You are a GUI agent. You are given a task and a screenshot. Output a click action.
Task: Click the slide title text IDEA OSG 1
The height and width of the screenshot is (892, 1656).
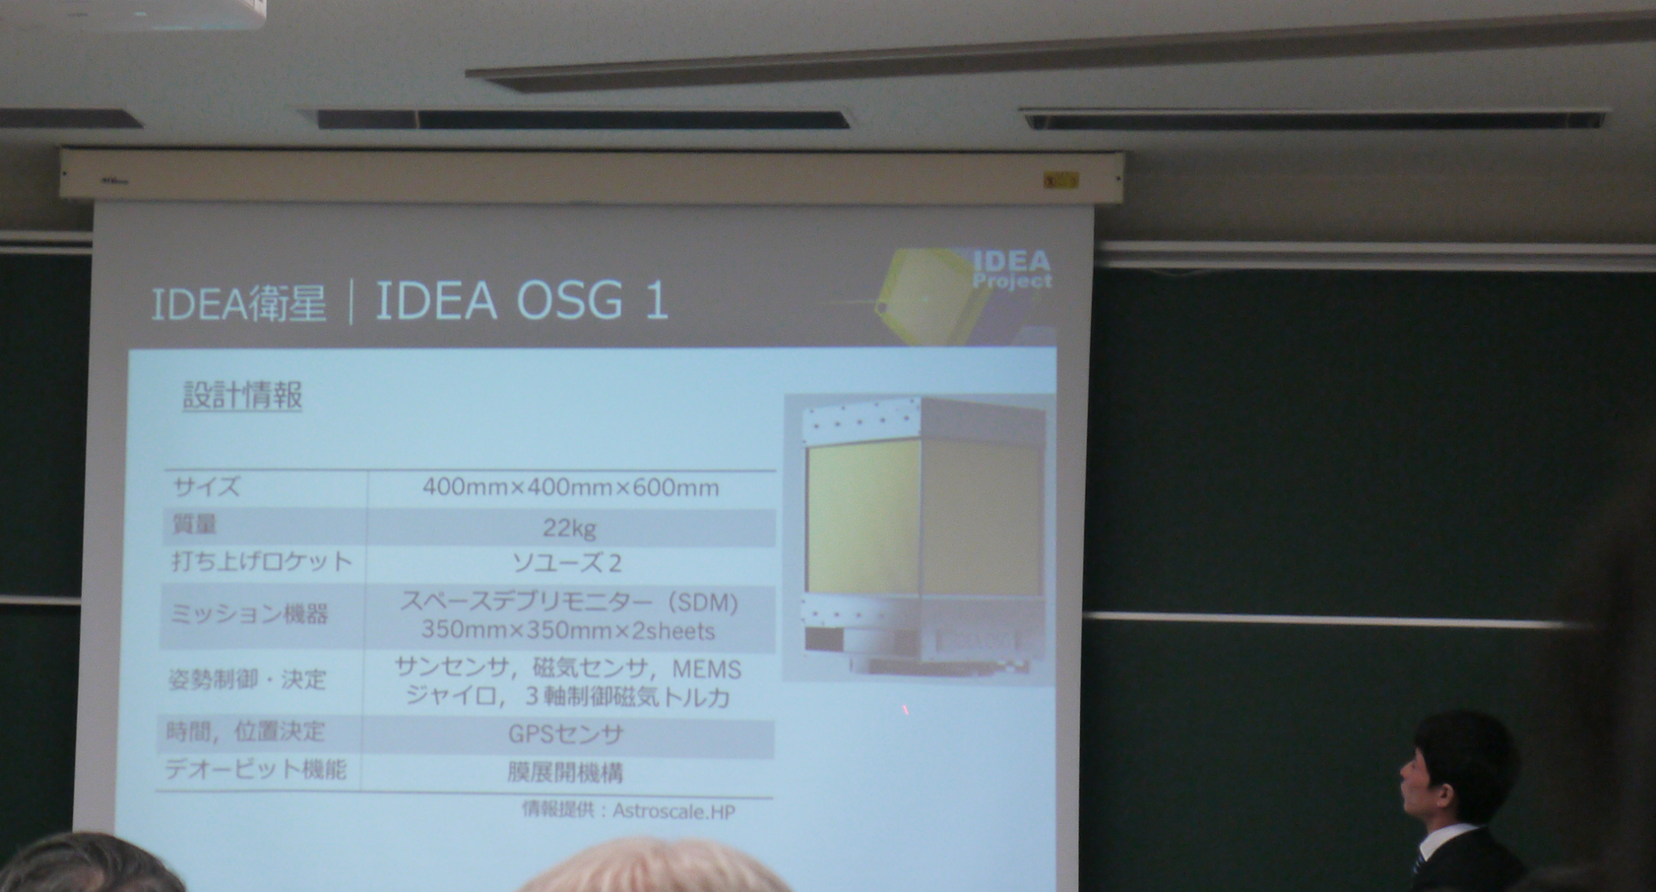(x=522, y=300)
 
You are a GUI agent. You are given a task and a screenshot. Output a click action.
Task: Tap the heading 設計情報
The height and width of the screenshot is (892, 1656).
(x=242, y=396)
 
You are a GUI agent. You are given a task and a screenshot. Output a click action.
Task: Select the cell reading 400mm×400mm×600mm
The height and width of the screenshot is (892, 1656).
(x=570, y=487)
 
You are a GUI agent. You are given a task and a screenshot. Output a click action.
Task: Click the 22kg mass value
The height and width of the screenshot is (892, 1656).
(x=569, y=529)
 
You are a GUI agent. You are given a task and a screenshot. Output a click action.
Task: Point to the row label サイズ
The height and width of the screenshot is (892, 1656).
(x=207, y=486)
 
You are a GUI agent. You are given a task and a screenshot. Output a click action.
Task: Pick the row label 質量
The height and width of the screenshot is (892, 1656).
(x=194, y=525)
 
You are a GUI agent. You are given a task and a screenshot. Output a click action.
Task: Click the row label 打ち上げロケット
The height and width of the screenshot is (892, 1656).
(x=261, y=562)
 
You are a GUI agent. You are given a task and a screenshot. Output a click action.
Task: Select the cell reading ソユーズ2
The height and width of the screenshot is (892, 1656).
(x=567, y=563)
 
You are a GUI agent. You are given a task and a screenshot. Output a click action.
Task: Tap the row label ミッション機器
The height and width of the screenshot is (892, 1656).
(x=249, y=614)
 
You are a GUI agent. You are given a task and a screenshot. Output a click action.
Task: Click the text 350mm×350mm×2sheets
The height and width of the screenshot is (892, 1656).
(x=568, y=630)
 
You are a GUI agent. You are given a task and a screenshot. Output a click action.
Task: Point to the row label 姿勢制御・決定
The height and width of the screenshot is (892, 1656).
(x=246, y=679)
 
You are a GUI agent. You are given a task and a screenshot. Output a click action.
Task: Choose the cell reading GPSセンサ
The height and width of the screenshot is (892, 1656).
(x=566, y=734)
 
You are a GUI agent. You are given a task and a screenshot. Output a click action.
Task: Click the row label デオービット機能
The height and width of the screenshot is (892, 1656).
(x=256, y=769)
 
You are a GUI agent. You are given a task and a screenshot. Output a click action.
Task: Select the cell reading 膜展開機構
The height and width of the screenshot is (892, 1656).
(x=565, y=772)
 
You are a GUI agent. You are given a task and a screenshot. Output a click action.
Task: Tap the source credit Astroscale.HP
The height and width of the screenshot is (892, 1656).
(x=673, y=811)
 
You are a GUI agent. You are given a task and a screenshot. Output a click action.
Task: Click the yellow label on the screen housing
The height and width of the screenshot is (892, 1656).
(x=1060, y=180)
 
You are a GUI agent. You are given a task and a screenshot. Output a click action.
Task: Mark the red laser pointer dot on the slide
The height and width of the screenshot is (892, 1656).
(x=905, y=709)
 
